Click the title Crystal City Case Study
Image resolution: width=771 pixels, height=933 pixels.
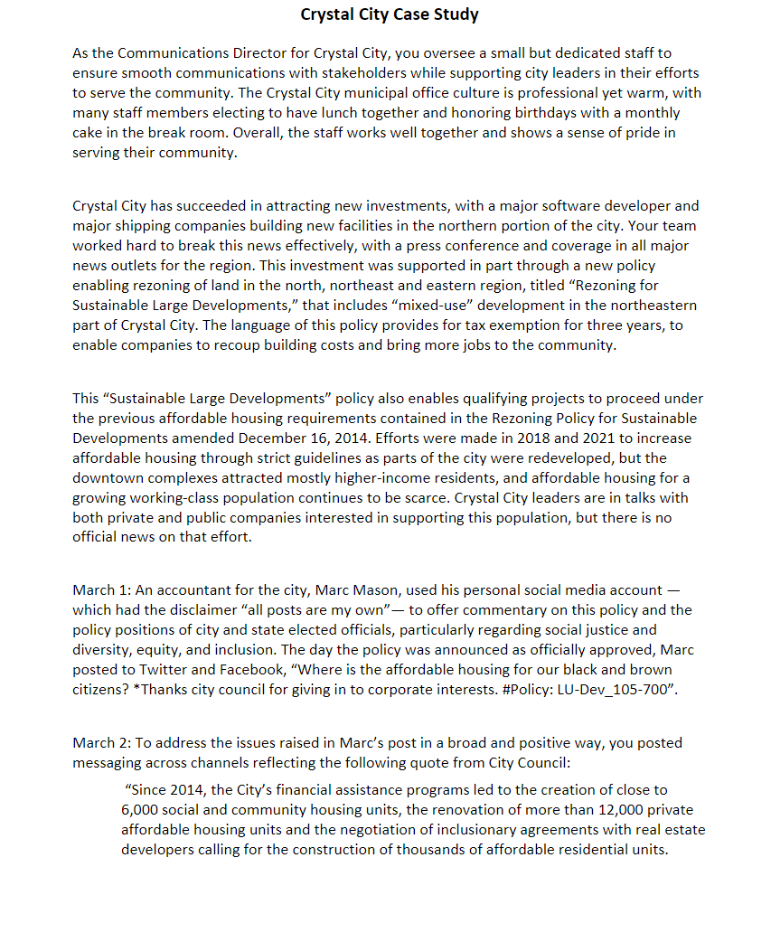pyautogui.click(x=390, y=14)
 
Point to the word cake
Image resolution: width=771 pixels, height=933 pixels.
pyautogui.click(x=88, y=133)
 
